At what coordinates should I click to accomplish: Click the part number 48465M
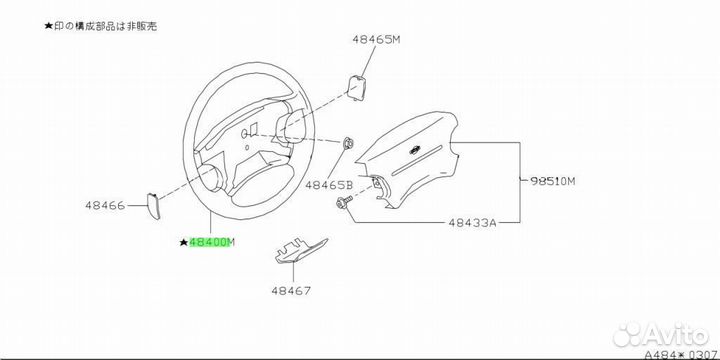[376, 39]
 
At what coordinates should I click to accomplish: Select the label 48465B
[329, 185]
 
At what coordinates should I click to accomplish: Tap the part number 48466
[105, 206]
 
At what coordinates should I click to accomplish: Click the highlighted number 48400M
[212, 242]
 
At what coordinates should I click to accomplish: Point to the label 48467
[291, 291]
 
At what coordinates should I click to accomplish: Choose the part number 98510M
[552, 181]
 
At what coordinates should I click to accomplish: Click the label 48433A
[472, 223]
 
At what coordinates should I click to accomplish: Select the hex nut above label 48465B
[348, 144]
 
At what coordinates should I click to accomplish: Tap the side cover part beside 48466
[153, 206]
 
